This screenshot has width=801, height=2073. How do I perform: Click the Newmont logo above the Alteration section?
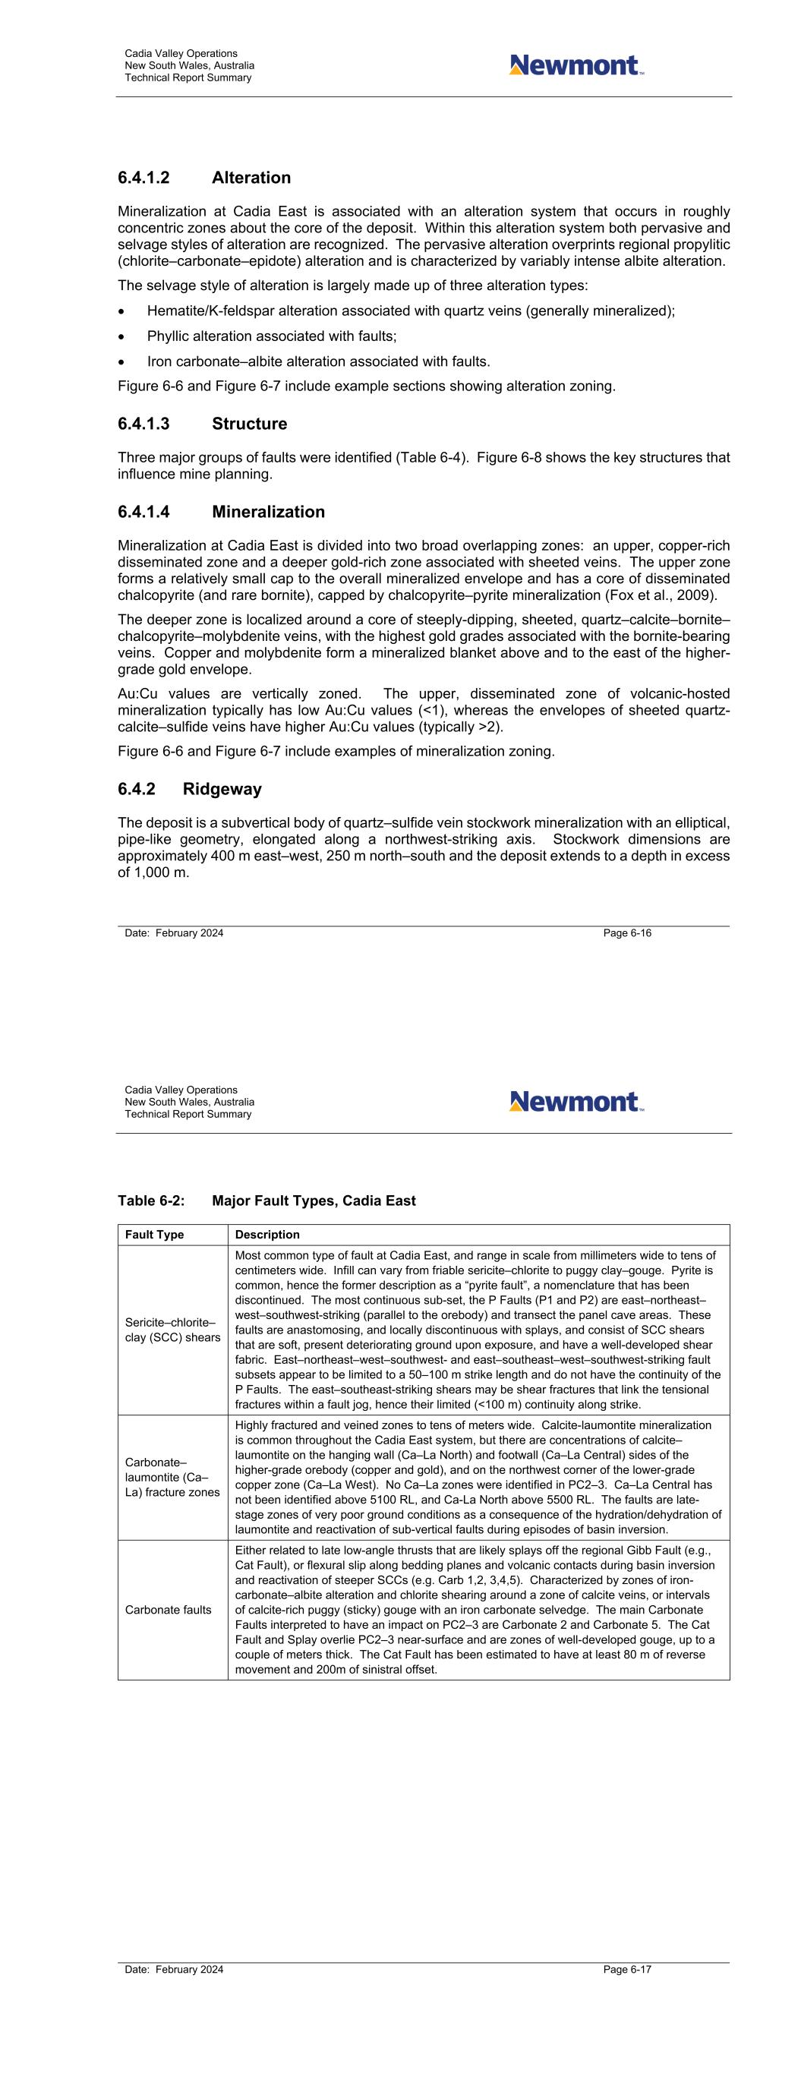(x=576, y=65)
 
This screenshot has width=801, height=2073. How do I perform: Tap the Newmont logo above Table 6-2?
(x=576, y=1101)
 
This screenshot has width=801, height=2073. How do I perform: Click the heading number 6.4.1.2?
(x=143, y=178)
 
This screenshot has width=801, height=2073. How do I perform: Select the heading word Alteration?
(x=251, y=178)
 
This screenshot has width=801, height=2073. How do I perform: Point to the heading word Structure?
(x=250, y=424)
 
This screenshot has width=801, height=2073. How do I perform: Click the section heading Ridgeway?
(x=222, y=789)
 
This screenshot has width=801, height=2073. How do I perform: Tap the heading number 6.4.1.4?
(x=143, y=512)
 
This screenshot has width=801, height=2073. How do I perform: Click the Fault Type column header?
(x=155, y=1235)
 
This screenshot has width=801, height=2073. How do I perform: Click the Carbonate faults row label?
(x=169, y=1610)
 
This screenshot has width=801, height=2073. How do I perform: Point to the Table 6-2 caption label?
(x=151, y=1201)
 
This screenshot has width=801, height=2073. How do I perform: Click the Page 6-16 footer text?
(x=627, y=933)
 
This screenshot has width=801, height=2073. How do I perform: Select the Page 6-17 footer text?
(x=627, y=1969)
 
